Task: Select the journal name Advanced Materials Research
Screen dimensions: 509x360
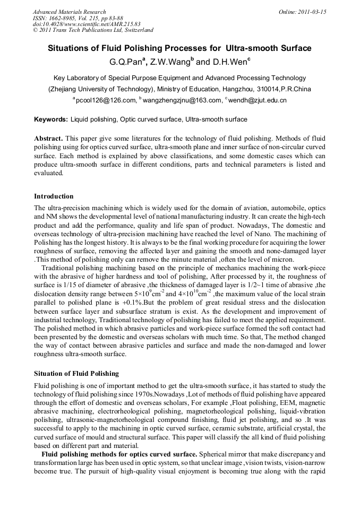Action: coord(69,12)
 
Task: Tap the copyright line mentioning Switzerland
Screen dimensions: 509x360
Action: coord(93,30)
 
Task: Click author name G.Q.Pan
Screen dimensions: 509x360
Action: coord(125,62)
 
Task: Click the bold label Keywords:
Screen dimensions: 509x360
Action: coord(51,119)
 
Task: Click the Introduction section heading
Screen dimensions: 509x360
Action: coord(54,196)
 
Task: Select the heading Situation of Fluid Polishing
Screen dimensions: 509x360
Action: coord(76,374)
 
